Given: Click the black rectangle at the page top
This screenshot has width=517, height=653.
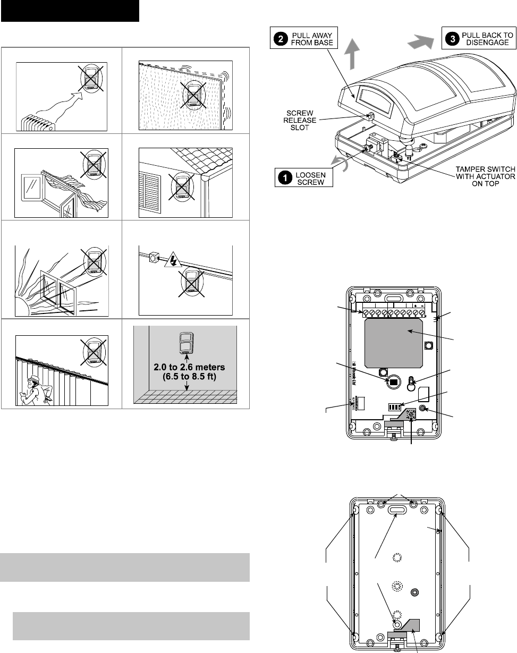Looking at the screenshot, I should coord(70,11).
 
